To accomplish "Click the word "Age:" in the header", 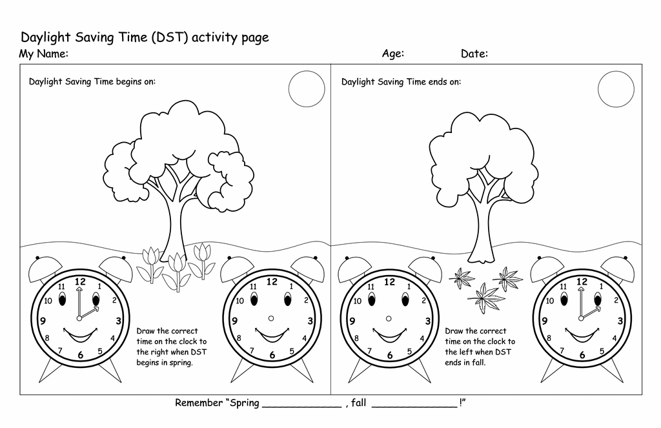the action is point(393,54).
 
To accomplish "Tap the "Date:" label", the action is point(474,54).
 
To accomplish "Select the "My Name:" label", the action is point(43,54).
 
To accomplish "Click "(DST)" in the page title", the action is point(168,37).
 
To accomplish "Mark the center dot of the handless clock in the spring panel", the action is point(271,318).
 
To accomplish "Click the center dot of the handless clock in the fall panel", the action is point(389,318).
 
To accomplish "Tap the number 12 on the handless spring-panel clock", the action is point(272,281).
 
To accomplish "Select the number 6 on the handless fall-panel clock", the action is point(389,356).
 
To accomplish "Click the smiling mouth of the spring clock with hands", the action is point(81,335).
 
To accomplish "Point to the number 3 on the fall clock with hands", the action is point(620,321).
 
